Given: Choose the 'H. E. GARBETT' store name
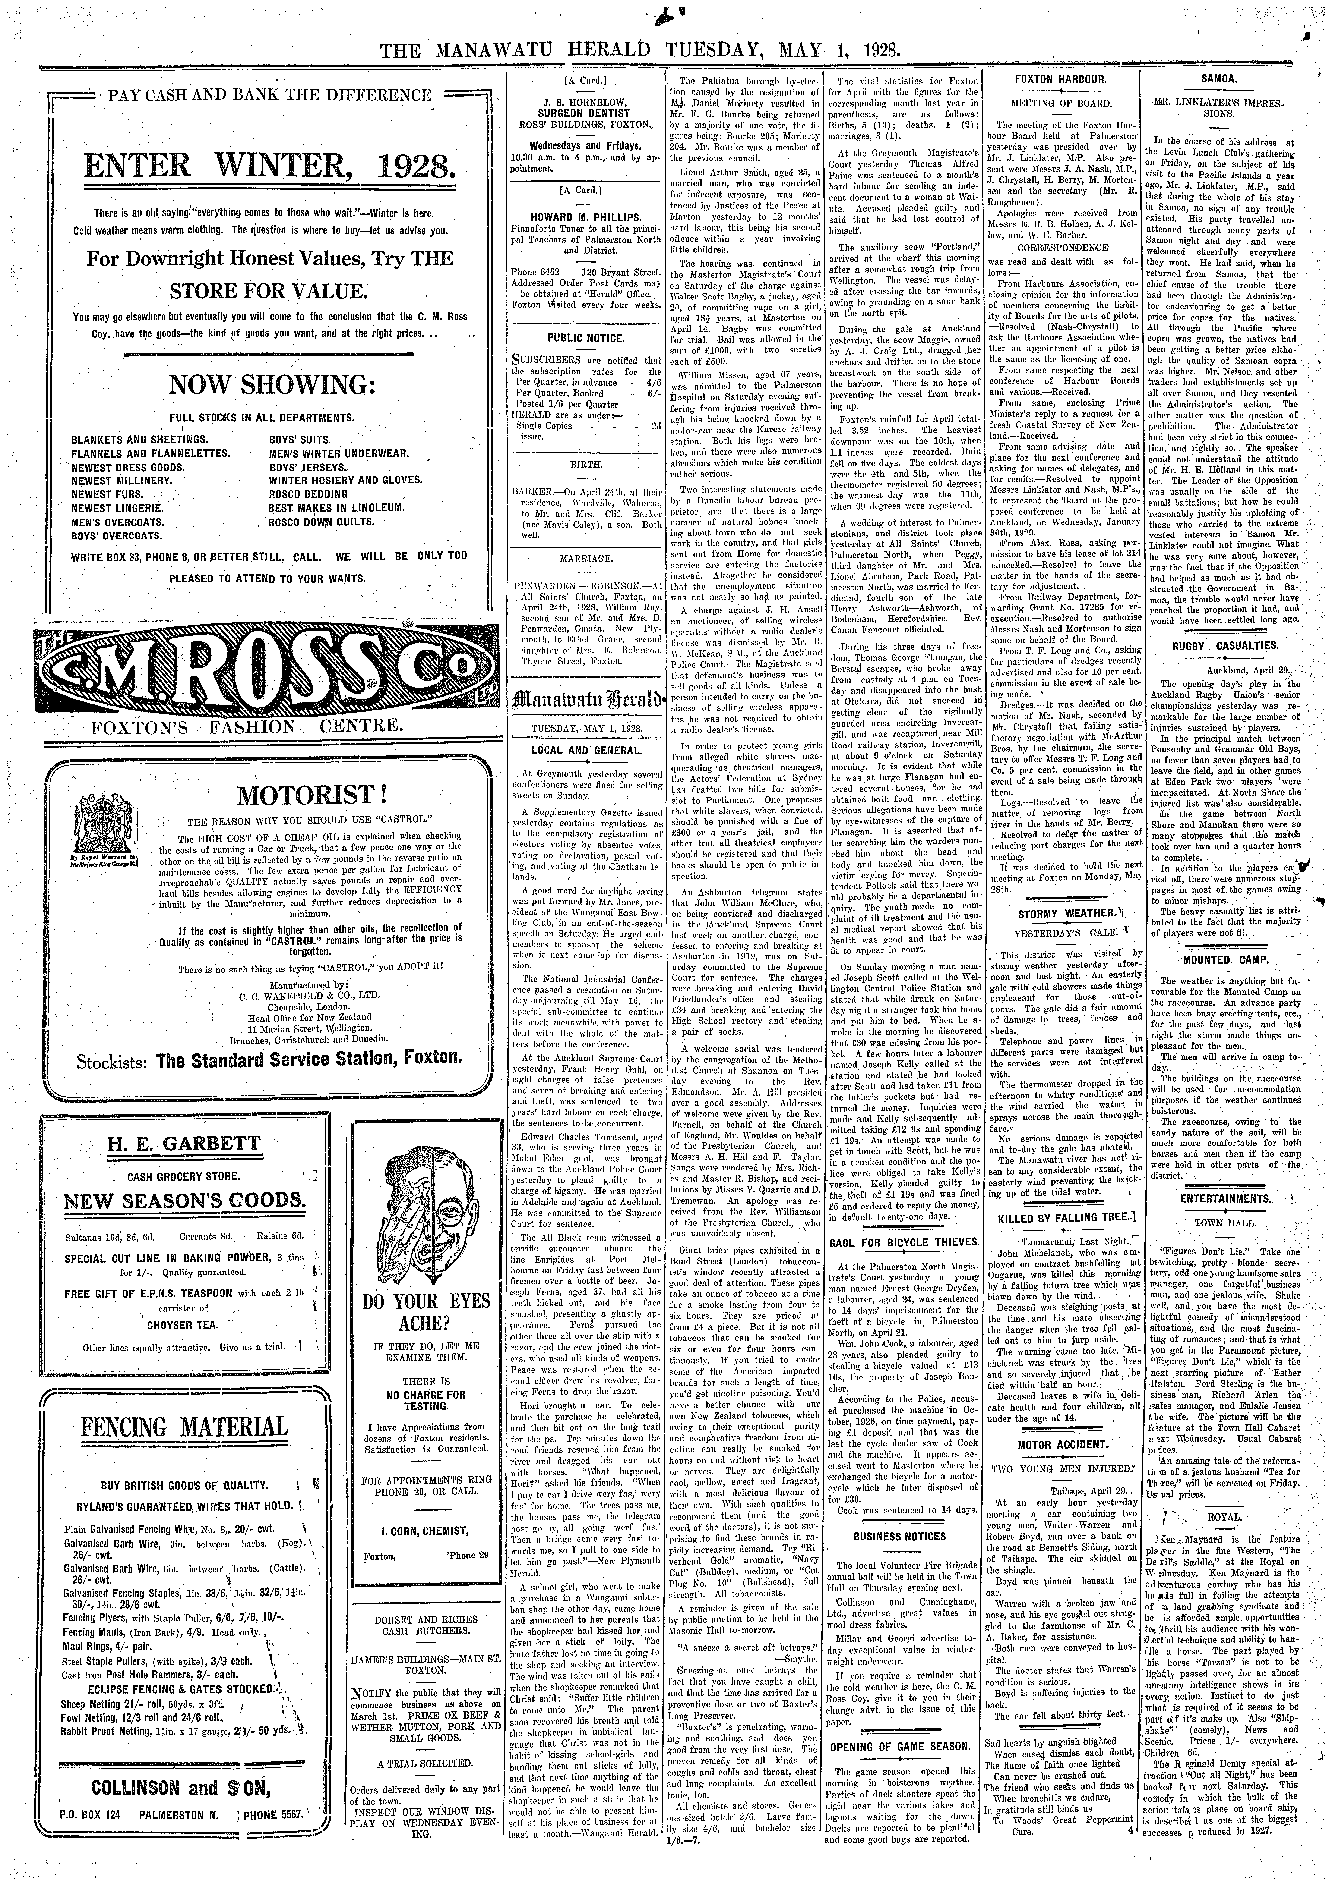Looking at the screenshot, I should click(183, 1143).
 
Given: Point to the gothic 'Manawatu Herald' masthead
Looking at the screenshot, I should click(586, 699).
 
